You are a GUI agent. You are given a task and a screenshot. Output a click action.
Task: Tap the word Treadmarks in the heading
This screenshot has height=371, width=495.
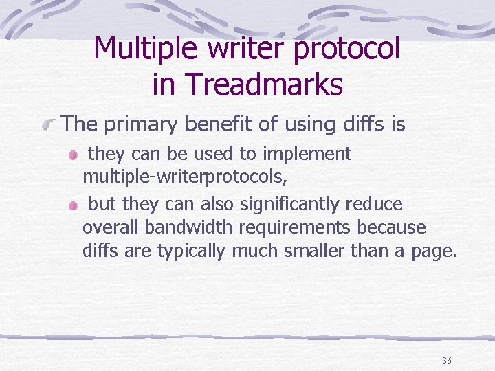(x=265, y=85)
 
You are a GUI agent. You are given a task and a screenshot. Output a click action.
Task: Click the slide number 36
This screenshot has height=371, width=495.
(x=447, y=361)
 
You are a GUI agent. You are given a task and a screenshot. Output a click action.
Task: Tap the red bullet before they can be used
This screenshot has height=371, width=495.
(x=74, y=156)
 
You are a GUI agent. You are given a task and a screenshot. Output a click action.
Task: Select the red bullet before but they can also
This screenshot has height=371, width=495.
(x=74, y=206)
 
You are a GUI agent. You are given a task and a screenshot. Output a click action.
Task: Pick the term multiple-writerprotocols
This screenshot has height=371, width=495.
(x=185, y=177)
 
